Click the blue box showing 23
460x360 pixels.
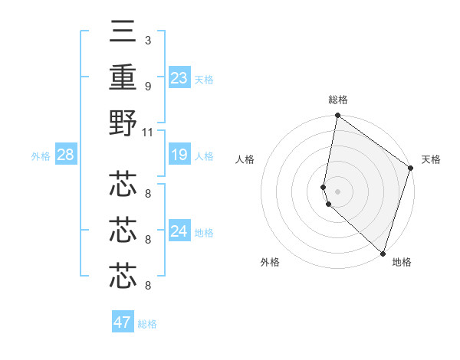[179, 78]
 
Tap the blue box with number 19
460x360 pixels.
[179, 155]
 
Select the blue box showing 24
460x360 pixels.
[179, 231]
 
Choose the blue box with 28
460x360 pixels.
[65, 155]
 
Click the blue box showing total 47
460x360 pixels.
[123, 322]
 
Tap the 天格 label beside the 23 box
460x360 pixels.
[204, 80]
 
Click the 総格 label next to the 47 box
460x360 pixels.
[147, 324]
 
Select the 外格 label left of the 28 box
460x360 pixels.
[41, 156]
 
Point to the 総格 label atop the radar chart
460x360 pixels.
[337, 100]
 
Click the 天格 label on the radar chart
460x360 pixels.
[431, 159]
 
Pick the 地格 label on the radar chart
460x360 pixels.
[402, 262]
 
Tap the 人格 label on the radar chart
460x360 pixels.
[245, 159]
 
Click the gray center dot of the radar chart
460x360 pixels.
[337, 191]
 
